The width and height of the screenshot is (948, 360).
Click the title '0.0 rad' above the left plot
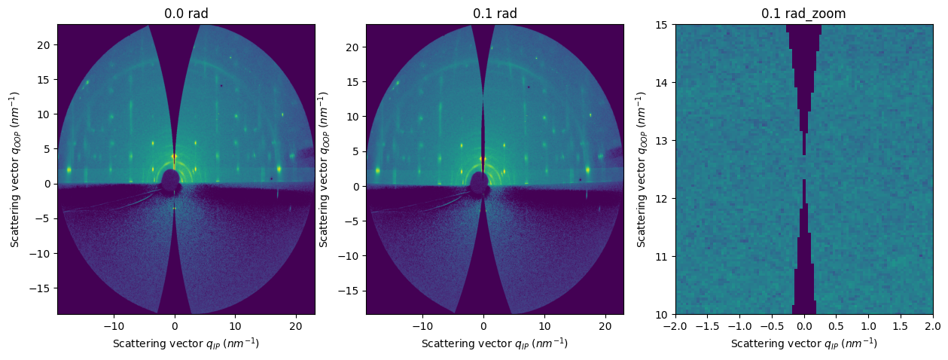[186, 14]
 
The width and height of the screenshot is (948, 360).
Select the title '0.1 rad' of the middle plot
[495, 14]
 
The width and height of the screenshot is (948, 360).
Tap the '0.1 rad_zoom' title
[804, 14]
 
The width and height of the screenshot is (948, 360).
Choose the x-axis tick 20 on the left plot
[296, 325]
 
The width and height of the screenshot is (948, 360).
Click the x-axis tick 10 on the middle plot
[544, 325]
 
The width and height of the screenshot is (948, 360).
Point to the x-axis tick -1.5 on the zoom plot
[708, 325]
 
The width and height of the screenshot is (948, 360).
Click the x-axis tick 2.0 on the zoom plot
[933, 325]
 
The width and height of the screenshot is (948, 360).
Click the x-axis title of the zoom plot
[804, 343]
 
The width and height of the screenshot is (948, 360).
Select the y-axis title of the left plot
[15, 169]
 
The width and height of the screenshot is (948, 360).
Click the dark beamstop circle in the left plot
[171, 180]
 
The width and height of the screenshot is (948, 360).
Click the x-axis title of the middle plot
[495, 343]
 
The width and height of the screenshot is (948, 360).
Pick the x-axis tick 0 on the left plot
[175, 325]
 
